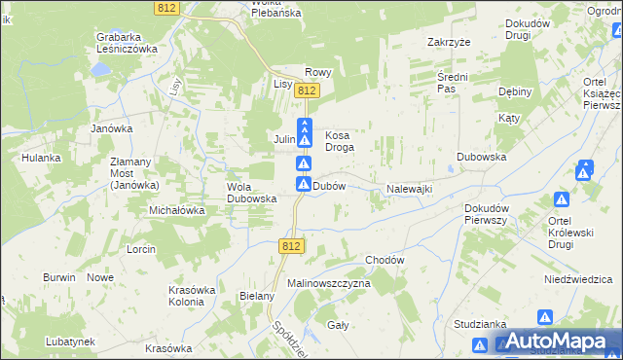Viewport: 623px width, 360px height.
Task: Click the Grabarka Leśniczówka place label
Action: click(x=127, y=43)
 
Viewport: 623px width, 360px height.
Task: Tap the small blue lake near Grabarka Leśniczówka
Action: click(x=100, y=71)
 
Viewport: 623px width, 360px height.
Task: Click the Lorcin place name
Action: click(x=141, y=249)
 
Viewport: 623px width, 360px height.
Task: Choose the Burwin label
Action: click(x=59, y=277)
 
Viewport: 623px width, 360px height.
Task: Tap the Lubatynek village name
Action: click(x=69, y=342)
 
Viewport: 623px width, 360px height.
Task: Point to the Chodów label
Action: click(x=385, y=261)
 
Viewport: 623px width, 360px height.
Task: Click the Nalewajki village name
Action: click(x=409, y=189)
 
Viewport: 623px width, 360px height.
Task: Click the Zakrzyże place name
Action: click(x=449, y=43)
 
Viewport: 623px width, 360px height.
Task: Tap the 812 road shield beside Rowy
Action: click(x=308, y=90)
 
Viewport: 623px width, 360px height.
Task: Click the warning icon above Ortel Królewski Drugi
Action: click(x=562, y=200)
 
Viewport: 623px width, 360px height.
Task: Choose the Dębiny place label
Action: click(x=514, y=92)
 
